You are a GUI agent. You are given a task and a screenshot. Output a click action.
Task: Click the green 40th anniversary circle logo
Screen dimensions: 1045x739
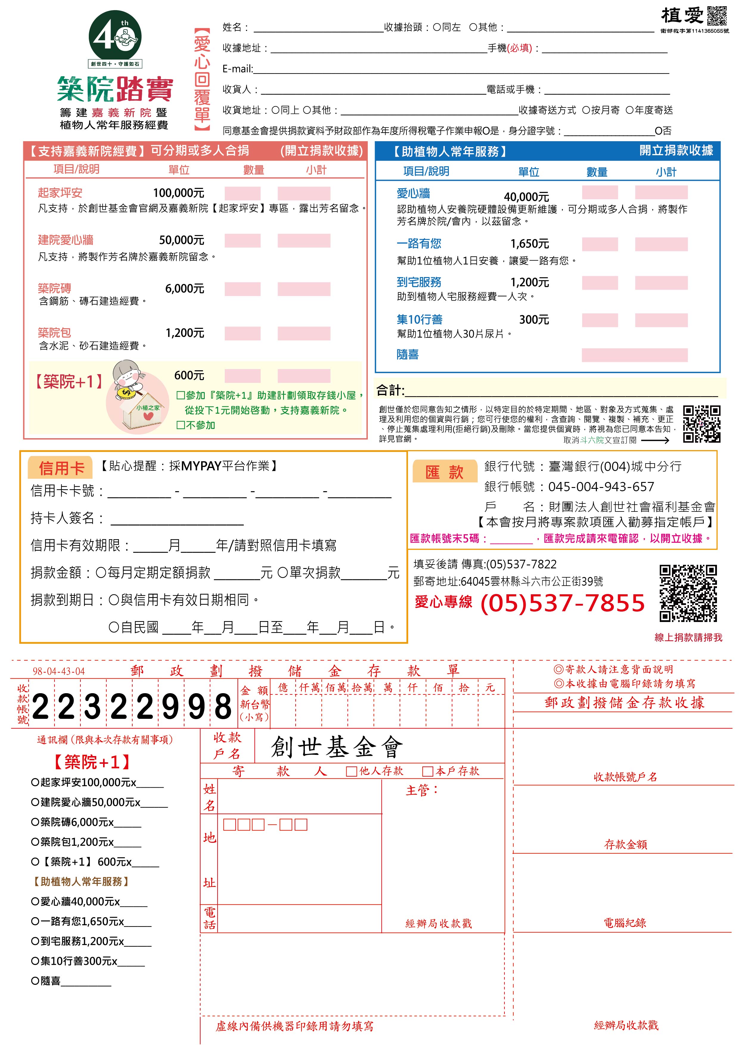tap(115, 37)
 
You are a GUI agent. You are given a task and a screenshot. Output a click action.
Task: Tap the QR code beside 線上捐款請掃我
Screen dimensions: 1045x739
tap(688, 593)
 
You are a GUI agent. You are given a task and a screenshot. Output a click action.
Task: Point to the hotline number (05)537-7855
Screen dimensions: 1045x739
tap(562, 603)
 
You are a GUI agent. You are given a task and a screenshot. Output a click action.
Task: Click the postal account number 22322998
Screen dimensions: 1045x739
tap(132, 707)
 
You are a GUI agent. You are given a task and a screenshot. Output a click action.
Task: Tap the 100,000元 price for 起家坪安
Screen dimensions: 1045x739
tap(178, 193)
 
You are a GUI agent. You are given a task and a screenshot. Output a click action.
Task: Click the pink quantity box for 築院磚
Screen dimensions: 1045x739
tap(242, 289)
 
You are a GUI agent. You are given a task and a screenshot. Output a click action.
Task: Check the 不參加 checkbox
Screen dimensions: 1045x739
tap(180, 425)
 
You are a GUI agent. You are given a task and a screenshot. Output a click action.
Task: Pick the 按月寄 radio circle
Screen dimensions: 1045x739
tap(586, 110)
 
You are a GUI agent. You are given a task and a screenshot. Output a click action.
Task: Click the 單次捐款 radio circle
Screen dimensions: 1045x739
tap(282, 573)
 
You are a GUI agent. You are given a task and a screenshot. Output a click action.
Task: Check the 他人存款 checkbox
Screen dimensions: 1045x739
tap(351, 771)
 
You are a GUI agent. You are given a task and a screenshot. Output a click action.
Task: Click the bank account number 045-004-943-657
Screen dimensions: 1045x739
tap(601, 486)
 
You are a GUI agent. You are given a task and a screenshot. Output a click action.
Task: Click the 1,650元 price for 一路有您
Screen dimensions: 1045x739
tap(529, 244)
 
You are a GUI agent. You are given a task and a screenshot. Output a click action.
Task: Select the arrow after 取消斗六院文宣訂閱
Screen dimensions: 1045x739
tap(655, 440)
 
